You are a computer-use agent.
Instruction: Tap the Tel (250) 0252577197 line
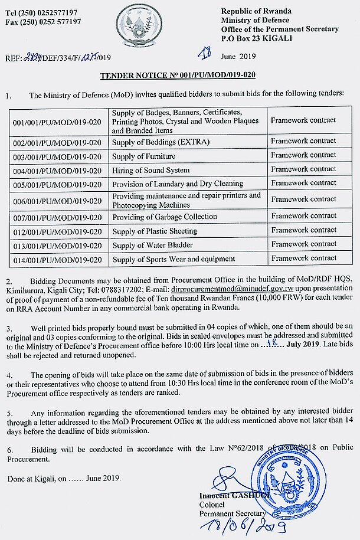(42, 12)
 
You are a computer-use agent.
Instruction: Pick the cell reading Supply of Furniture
(143, 156)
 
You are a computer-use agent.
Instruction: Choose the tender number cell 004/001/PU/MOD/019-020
(57, 171)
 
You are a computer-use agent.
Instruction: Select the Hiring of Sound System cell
(150, 171)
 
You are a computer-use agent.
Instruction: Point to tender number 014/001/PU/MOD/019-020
(57, 260)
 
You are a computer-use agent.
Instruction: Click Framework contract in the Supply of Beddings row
(303, 141)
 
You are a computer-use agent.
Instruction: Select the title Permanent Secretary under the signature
(233, 514)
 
